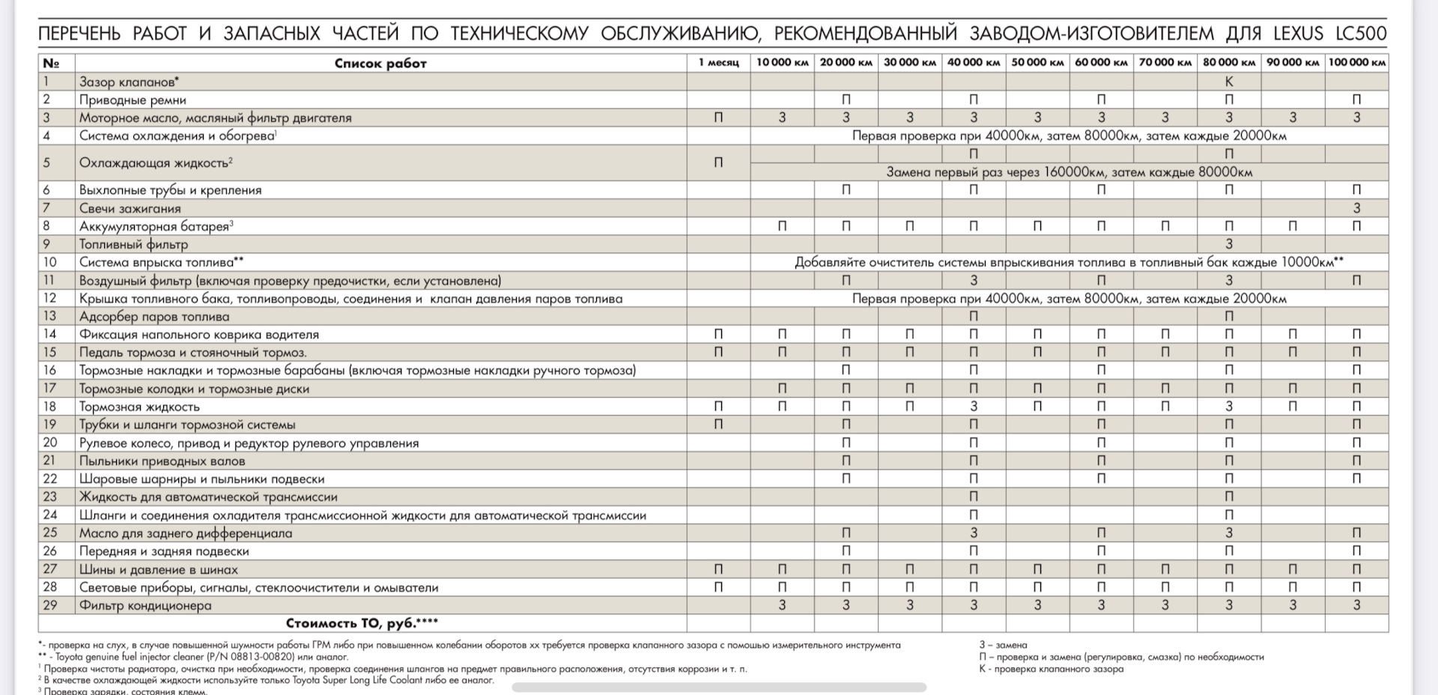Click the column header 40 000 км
(973, 62)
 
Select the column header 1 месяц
(718, 62)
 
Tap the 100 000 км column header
(1356, 62)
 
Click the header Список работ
(380, 64)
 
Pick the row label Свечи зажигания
(130, 208)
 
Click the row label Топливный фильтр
(133, 244)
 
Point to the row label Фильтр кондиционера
(145, 605)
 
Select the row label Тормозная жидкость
(139, 407)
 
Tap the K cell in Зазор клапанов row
(1228, 82)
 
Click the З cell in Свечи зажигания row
(1356, 208)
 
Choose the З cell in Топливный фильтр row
(1228, 244)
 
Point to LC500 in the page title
(1361, 34)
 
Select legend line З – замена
(1003, 645)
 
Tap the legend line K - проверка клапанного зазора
(1051, 669)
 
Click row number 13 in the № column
(50, 316)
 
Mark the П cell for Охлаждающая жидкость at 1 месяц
(718, 163)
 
